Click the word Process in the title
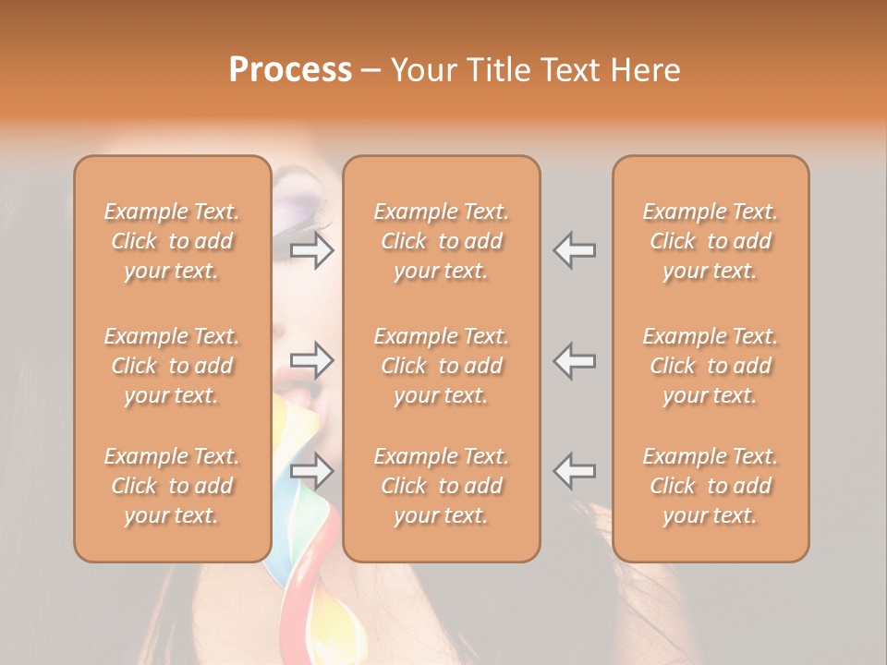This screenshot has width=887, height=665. (x=290, y=70)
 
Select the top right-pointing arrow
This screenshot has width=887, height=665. (x=312, y=250)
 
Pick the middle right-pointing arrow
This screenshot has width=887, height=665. (x=312, y=360)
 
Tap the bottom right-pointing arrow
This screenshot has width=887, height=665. (x=312, y=471)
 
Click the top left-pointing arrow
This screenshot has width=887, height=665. (x=574, y=250)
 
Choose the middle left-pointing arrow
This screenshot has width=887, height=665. (x=574, y=360)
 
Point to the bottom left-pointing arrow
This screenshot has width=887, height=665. (x=574, y=471)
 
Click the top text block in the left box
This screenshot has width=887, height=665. (x=172, y=241)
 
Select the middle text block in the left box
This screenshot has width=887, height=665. (x=172, y=366)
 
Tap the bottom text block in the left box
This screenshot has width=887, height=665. (x=172, y=486)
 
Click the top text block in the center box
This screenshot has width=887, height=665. (x=441, y=241)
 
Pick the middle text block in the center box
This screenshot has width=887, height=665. (x=441, y=366)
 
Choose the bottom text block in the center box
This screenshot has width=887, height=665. (x=441, y=486)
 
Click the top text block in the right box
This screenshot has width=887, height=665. (x=711, y=241)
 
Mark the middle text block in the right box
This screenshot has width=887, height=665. (x=711, y=366)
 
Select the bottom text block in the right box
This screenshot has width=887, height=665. (x=711, y=486)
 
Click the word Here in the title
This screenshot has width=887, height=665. (x=646, y=70)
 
